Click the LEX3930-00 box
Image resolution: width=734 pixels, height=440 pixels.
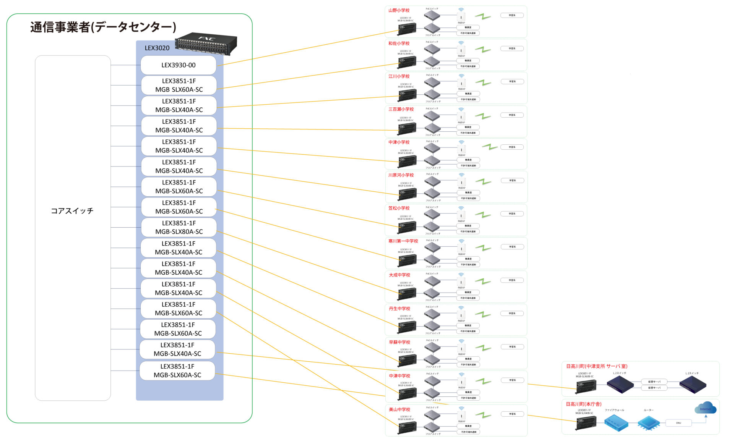tap(178, 65)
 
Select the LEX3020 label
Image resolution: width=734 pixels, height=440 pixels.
tap(157, 48)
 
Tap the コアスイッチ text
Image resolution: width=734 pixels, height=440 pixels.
tap(72, 211)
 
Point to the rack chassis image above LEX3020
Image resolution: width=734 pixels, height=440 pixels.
tap(206, 43)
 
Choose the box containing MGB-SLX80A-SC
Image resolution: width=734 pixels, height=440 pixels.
tap(179, 228)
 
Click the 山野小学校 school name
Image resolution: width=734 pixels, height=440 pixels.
tap(399, 10)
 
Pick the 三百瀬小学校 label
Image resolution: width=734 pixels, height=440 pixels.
tap(401, 109)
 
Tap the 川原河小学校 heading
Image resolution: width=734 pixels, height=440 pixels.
tap(401, 175)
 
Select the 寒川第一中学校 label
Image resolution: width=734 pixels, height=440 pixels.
tap(403, 241)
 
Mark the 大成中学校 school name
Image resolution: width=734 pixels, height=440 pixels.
tap(399, 275)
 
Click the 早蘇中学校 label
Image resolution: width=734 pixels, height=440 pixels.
tap(399, 342)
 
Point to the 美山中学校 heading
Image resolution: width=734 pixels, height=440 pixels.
tap(399, 409)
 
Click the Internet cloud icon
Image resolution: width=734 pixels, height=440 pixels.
tap(705, 408)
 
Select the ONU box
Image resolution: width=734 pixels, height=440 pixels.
tap(678, 423)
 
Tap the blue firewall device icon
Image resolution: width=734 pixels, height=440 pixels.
tap(616, 423)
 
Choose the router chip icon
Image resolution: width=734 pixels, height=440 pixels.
tap(648, 423)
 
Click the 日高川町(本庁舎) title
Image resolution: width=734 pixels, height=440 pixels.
tap(583, 404)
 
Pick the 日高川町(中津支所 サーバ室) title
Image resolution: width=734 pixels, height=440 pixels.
tap(596, 366)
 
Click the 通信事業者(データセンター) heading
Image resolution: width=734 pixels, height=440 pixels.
tap(103, 27)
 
